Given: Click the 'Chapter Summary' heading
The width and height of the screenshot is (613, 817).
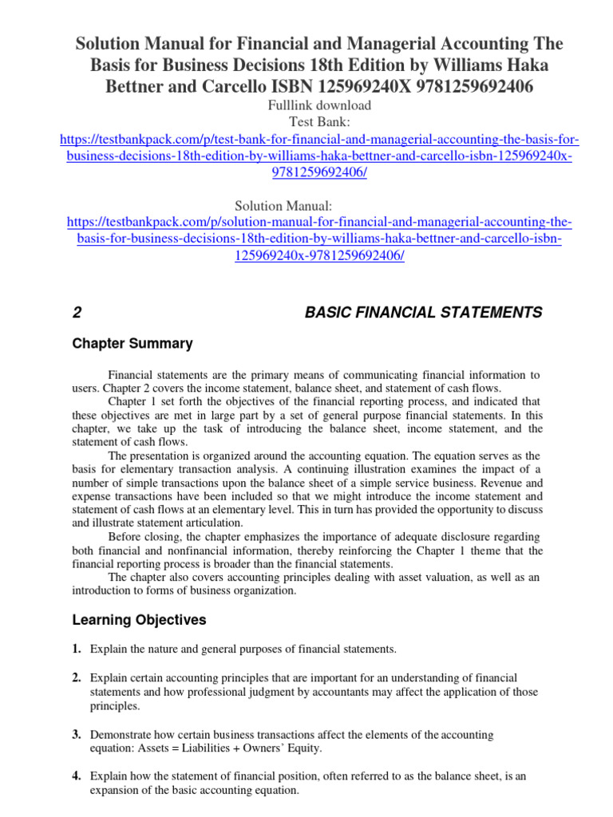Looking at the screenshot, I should pos(132,344).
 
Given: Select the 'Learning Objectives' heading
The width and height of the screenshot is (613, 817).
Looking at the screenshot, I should pos(139,619).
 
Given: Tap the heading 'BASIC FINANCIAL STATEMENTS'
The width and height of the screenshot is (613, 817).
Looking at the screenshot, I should pos(424,313).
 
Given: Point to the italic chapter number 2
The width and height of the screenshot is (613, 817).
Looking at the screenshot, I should pos(77,313).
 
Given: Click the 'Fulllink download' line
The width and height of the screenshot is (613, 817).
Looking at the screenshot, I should pos(306,105).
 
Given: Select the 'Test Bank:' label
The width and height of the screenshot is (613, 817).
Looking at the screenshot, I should pos(306,122).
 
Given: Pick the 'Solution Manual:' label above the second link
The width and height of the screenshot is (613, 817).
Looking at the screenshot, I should pos(306,206).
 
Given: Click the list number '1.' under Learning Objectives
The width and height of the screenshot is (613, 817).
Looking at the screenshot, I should pos(77,649).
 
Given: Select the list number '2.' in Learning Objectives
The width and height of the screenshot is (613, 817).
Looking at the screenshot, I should pos(77,677).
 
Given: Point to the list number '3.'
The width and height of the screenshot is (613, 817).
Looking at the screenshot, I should pos(77,734).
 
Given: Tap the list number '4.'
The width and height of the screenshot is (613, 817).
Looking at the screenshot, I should pos(77,776).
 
